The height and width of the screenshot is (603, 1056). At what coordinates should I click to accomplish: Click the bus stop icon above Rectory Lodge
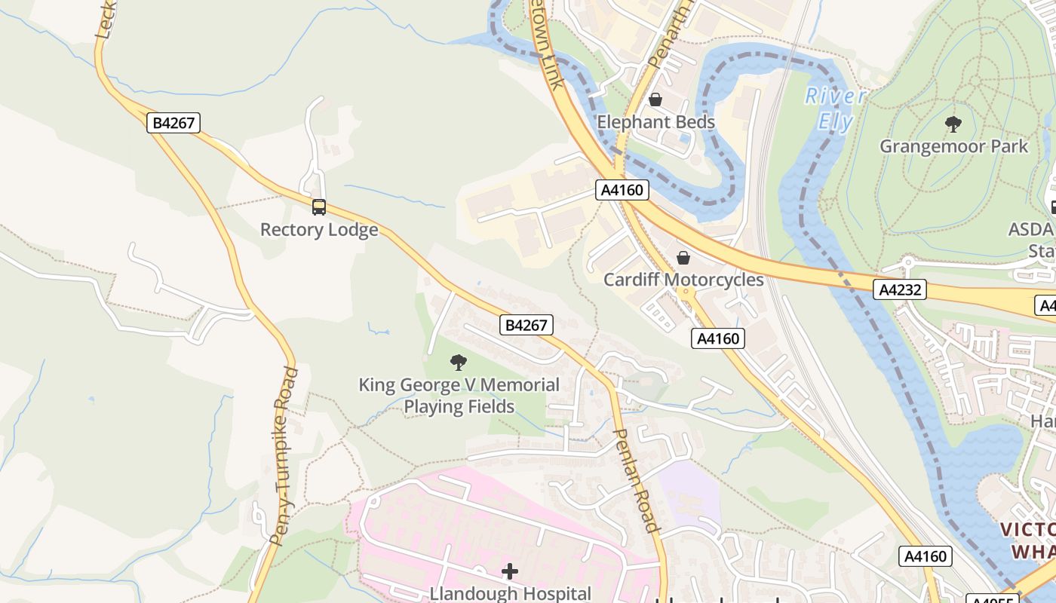click(319, 207)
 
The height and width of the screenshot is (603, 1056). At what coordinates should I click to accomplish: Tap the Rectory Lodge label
click(319, 230)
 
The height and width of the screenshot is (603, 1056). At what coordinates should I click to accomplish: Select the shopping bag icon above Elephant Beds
click(655, 99)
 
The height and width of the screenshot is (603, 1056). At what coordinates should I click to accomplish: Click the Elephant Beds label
click(655, 122)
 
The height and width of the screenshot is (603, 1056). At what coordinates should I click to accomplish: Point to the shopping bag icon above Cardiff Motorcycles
click(683, 258)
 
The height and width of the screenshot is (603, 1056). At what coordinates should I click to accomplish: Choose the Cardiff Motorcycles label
click(683, 280)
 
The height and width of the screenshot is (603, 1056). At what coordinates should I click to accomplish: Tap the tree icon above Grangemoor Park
click(953, 124)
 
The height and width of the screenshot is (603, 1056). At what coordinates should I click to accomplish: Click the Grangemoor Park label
click(953, 146)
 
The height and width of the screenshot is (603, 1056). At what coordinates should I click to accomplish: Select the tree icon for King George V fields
click(458, 363)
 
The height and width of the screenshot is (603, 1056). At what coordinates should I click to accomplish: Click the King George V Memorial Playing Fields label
click(459, 396)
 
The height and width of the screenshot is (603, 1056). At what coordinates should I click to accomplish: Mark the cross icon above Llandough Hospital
click(510, 571)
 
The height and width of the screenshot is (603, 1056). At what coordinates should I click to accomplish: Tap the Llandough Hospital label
click(510, 593)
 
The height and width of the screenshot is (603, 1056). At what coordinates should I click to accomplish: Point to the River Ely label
click(835, 109)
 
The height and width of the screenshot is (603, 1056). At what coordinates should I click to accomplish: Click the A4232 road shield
click(901, 289)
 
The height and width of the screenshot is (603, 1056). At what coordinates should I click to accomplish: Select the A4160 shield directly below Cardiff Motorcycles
click(717, 338)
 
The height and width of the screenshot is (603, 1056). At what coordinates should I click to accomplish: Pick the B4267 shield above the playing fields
click(526, 325)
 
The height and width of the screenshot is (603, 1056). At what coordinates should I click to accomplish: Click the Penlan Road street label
click(637, 480)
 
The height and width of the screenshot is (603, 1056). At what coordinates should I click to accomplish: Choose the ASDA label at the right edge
click(1030, 229)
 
